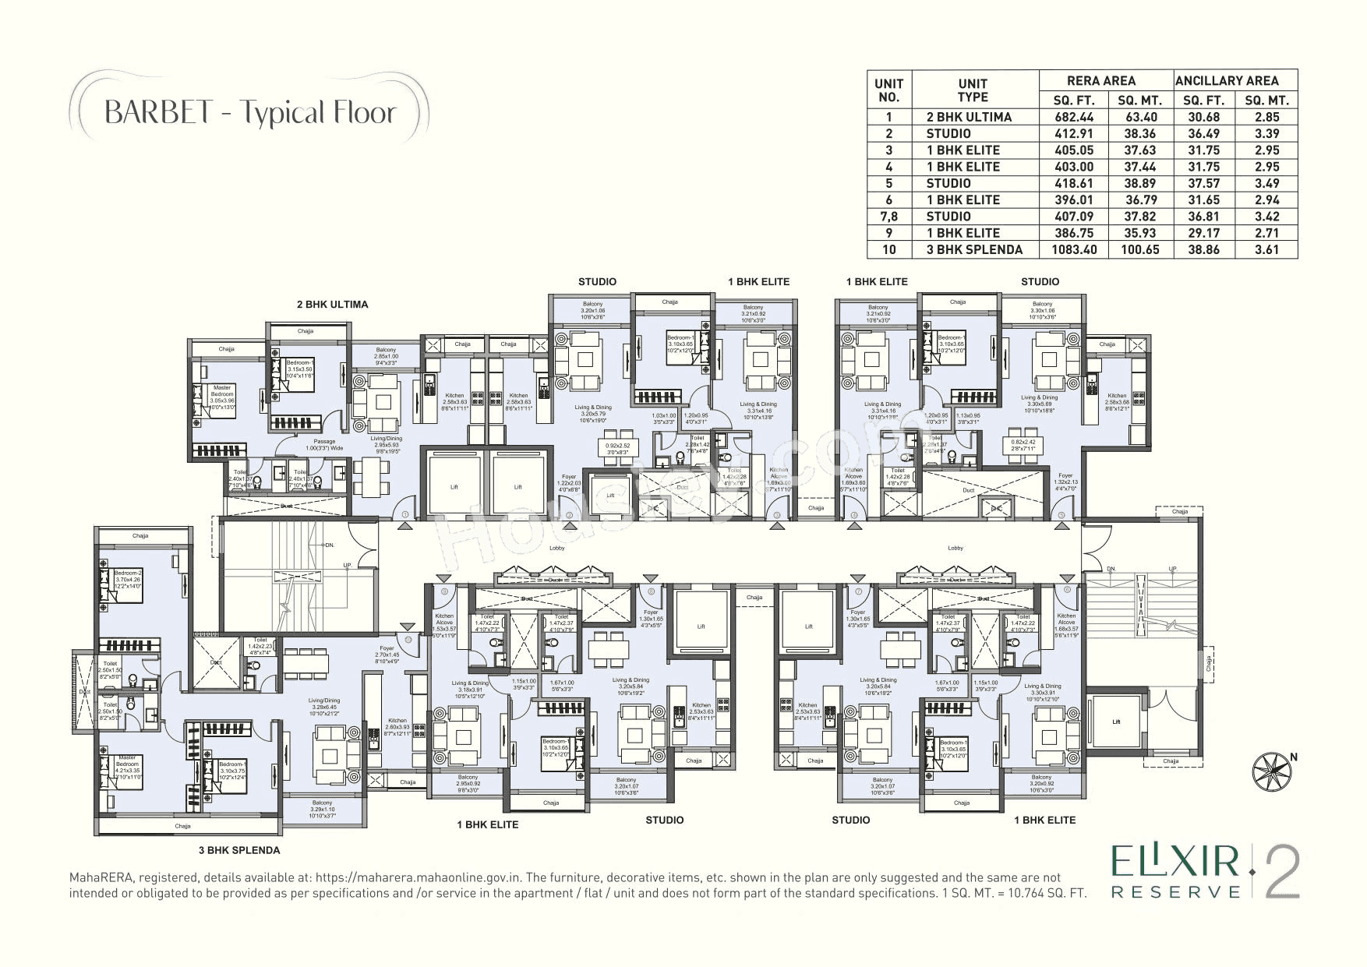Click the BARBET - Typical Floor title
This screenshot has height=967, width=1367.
coord(249,112)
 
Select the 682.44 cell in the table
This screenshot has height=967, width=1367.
coord(1073,117)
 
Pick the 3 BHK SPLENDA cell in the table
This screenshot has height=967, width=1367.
coord(973,249)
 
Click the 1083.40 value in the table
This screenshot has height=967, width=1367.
coord(1073,249)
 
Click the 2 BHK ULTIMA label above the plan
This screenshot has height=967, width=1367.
coord(332,305)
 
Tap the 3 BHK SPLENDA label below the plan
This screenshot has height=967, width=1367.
coord(238,850)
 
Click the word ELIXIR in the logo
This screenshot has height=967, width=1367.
coord(1174,863)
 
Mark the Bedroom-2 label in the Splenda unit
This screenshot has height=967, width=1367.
coord(127,575)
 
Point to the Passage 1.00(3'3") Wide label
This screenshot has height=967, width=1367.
coord(324,445)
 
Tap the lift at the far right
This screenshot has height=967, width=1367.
coord(1115,722)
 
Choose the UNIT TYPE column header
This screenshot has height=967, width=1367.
coord(973,90)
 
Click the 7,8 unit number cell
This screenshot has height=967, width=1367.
coord(888,216)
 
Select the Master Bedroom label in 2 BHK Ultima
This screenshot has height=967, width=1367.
coord(222,397)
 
